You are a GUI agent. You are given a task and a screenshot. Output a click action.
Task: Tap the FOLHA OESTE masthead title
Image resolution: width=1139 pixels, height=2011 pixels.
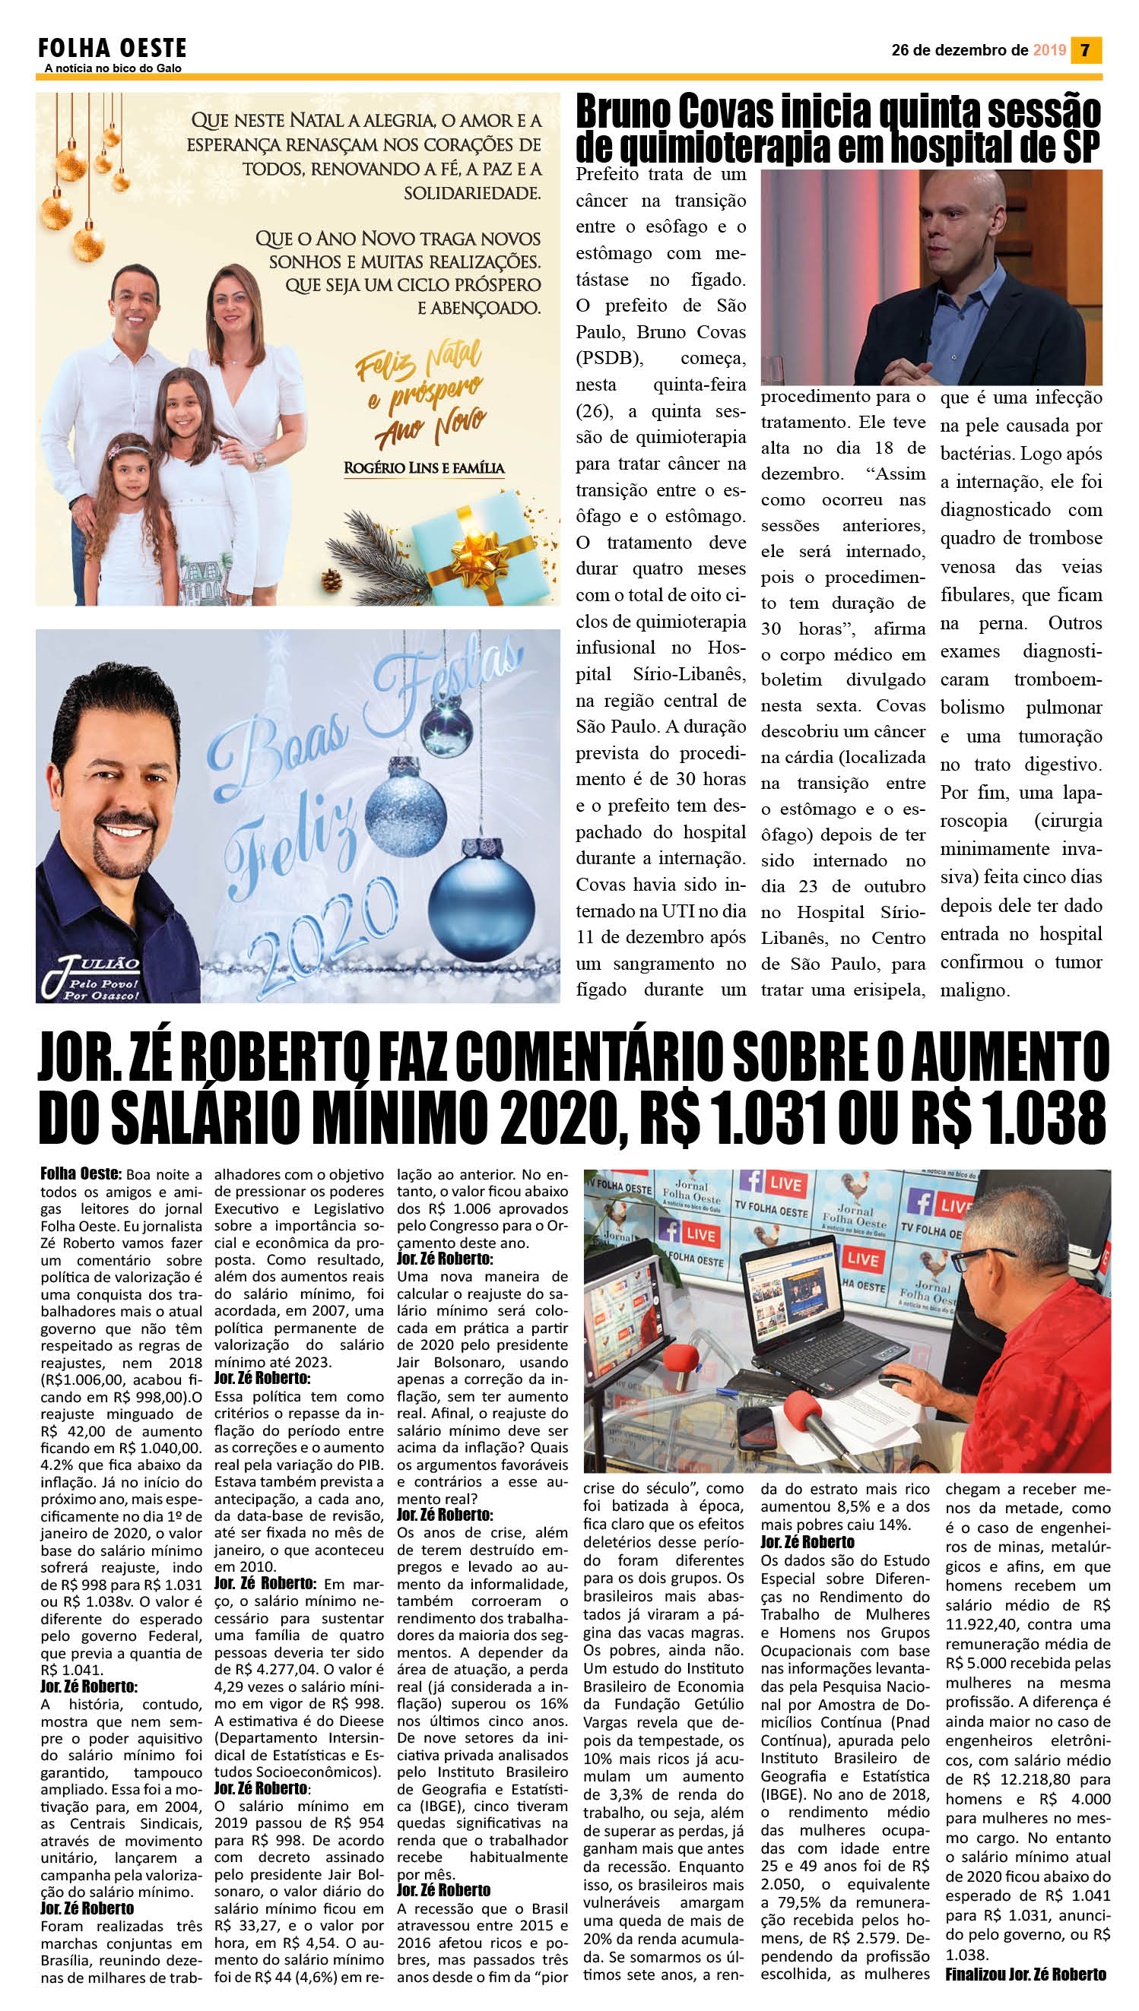112,49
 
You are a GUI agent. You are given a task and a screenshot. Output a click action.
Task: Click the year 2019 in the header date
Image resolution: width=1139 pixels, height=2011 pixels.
1049,50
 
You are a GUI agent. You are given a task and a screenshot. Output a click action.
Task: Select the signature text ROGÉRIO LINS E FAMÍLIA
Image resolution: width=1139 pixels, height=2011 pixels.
424,467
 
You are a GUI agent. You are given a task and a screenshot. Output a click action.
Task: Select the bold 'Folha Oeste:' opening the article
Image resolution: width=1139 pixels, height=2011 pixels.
81,1173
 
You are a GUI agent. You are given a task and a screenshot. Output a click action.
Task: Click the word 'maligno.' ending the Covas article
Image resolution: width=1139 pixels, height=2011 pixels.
974,990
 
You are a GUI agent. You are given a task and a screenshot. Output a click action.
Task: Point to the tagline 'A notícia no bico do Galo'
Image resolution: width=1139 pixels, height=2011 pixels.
113,69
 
